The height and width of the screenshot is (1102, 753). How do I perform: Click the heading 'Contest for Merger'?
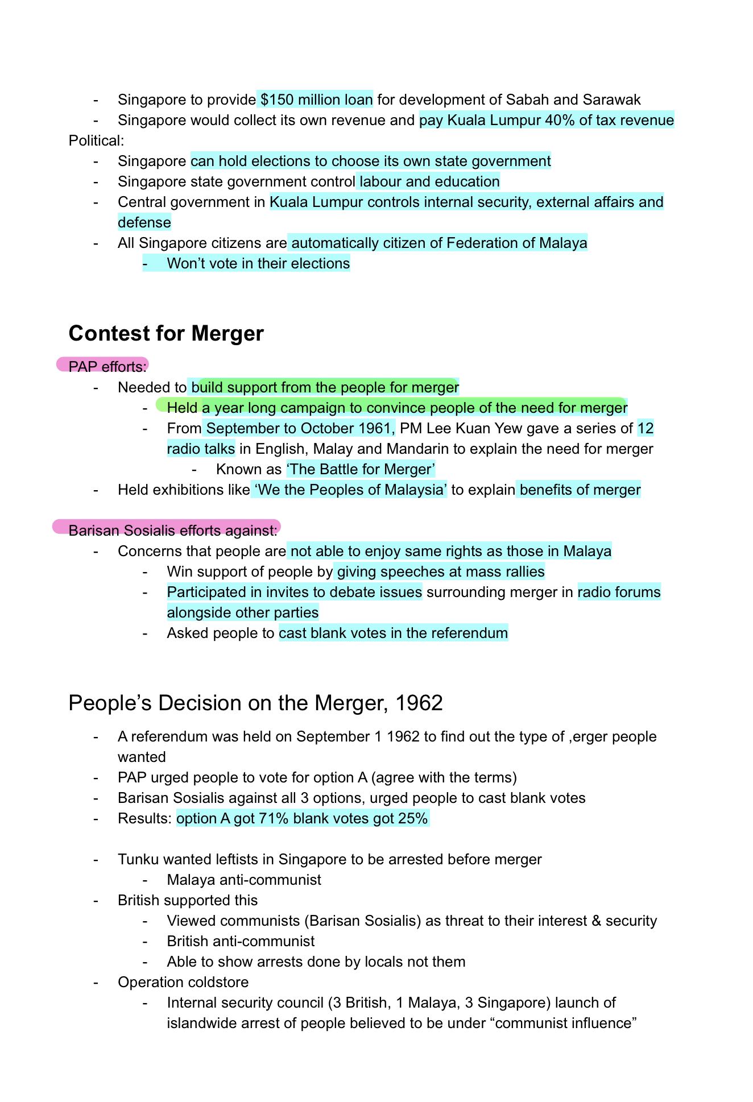[166, 334]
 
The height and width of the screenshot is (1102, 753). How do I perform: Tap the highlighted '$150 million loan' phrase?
[316, 100]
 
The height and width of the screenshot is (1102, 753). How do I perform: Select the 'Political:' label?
[96, 140]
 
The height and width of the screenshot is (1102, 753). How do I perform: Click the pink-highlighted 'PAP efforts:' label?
[107, 367]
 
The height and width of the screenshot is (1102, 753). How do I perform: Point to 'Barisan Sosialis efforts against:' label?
[172, 531]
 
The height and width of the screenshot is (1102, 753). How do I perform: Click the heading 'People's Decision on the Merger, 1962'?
[255, 703]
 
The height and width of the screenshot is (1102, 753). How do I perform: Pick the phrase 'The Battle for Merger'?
[361, 469]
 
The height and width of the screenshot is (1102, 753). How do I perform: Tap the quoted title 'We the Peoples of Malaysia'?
[349, 490]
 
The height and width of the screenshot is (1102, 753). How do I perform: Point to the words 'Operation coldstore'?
[183, 983]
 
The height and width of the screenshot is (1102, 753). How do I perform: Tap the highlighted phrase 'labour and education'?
[429, 182]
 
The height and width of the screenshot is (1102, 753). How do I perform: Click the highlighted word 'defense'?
[144, 223]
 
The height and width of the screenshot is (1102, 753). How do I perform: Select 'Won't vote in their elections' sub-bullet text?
[258, 264]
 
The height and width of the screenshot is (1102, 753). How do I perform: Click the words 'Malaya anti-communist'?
[243, 880]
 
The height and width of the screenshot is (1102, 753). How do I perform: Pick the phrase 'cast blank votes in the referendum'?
[393, 633]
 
